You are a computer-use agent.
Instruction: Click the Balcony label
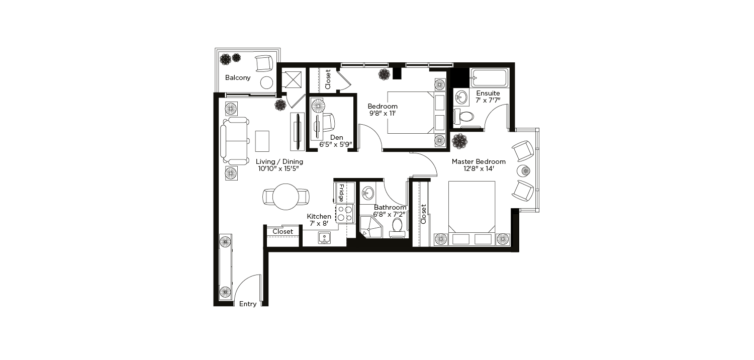(238, 78)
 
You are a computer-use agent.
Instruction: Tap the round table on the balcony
(266, 82)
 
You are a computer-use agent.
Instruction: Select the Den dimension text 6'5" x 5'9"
(336, 145)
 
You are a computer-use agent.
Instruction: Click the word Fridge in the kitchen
(341, 193)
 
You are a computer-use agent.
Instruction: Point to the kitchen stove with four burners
(345, 214)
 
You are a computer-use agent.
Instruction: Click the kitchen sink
(325, 238)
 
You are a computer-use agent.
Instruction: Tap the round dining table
(286, 197)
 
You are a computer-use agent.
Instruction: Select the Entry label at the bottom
(248, 304)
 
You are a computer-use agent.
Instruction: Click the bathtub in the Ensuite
(490, 78)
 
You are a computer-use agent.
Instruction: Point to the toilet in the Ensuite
(463, 117)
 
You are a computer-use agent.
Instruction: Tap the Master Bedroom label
(479, 161)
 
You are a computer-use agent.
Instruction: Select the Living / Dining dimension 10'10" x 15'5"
(278, 169)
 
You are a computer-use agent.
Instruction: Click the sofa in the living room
(235, 141)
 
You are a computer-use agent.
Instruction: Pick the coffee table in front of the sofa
(262, 141)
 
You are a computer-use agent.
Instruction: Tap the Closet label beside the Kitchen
(282, 232)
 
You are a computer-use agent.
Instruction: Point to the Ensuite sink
(461, 98)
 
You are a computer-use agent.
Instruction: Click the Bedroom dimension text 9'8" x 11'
(383, 114)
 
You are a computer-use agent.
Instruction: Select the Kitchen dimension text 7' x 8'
(319, 223)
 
